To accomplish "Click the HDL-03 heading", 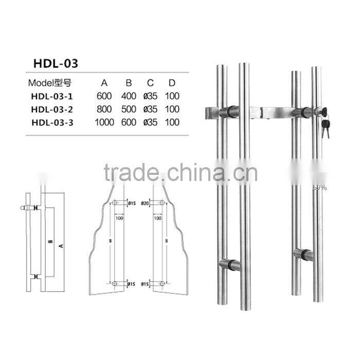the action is pos(56,63).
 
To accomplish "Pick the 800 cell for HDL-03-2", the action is pos(103,109).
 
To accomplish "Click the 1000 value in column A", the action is pos(103,122).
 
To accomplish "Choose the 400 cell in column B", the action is pos(129,95).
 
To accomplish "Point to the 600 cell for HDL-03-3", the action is pos(129,122).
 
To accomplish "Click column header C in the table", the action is pos(150,82).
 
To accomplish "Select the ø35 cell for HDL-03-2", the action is pos(150,109).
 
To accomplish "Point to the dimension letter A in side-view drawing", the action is pos(61,246).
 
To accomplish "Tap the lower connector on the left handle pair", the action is pos(229,265).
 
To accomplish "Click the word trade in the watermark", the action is pos(125,174).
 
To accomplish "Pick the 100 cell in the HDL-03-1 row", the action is pos(173,95).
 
